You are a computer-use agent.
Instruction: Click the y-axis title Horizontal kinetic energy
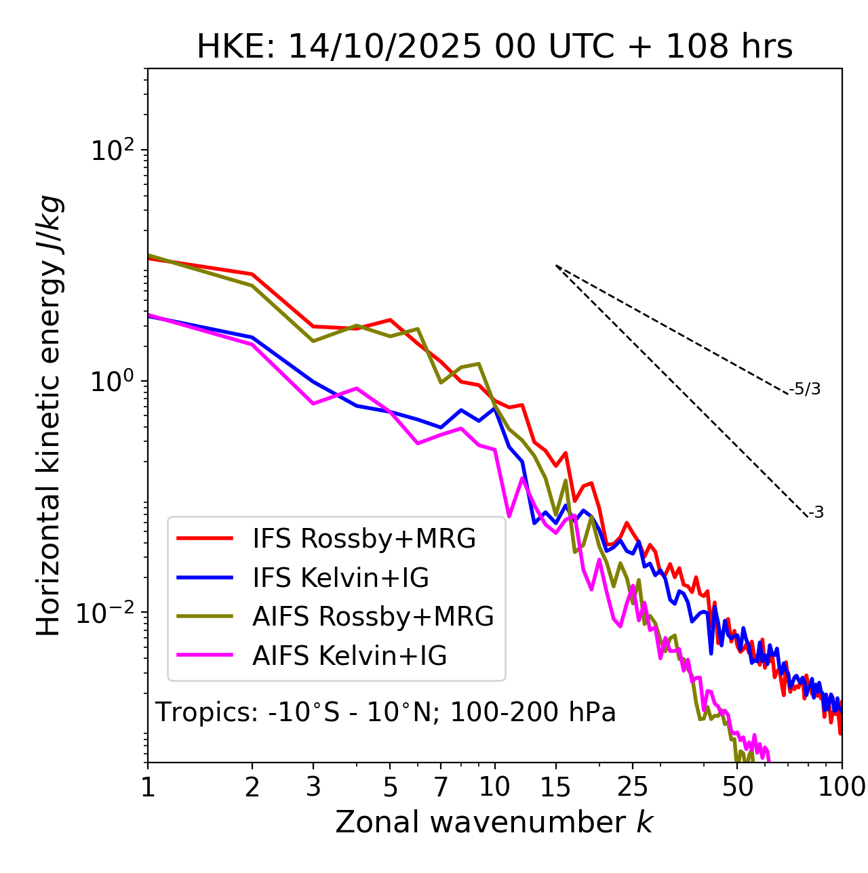tap(49, 415)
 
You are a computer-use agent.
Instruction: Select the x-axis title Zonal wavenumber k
tap(494, 822)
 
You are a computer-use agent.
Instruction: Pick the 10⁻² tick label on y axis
tap(108, 613)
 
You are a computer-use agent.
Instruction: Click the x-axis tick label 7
tap(441, 787)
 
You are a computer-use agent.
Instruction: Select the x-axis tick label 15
tap(555, 787)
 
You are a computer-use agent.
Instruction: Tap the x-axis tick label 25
tap(633, 787)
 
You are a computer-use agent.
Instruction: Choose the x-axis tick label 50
tap(737, 787)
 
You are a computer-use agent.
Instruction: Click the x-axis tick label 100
tap(841, 787)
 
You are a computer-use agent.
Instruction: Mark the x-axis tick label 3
tap(313, 787)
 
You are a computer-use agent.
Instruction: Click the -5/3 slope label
tap(805, 389)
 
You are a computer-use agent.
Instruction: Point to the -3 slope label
tap(816, 513)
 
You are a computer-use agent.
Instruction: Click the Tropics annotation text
tap(385, 712)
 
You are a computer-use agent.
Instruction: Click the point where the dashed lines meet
tap(556, 266)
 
